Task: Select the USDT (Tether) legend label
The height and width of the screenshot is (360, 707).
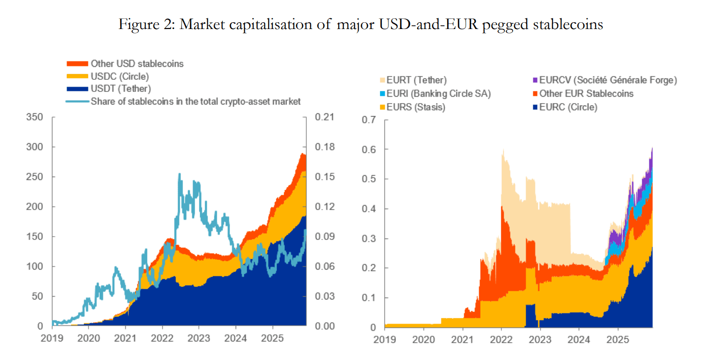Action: [120, 89]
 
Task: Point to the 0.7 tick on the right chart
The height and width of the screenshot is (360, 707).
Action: [369, 120]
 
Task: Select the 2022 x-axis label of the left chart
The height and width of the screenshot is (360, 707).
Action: [162, 338]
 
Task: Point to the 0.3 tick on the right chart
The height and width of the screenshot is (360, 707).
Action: [369, 239]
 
